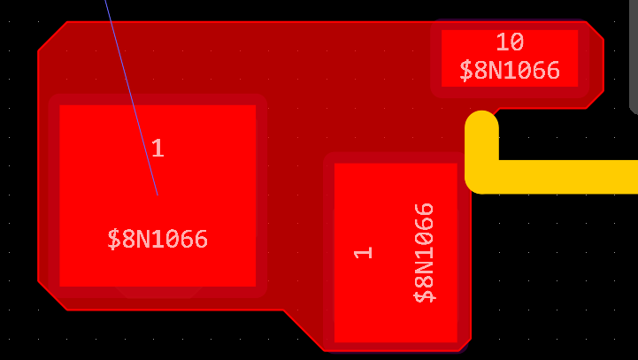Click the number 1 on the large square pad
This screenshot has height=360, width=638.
click(x=158, y=149)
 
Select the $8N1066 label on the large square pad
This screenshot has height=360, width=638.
click(x=158, y=239)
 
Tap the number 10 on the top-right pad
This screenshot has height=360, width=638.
click(x=509, y=42)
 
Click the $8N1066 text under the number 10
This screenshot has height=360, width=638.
click(x=509, y=71)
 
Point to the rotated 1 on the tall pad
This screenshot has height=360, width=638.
click(x=363, y=252)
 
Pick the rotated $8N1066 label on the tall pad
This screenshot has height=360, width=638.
click(x=426, y=252)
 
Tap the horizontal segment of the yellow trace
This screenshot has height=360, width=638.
click(x=566, y=177)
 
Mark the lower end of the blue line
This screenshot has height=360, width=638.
click(x=157, y=193)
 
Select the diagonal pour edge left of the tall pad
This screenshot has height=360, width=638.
click(x=304, y=329)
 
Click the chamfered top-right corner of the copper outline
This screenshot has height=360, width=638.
click(x=596, y=30)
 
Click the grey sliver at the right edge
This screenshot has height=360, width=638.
click(x=634, y=53)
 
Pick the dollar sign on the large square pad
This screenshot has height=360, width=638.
click(x=113, y=239)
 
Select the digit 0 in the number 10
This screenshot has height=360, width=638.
click(x=516, y=42)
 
